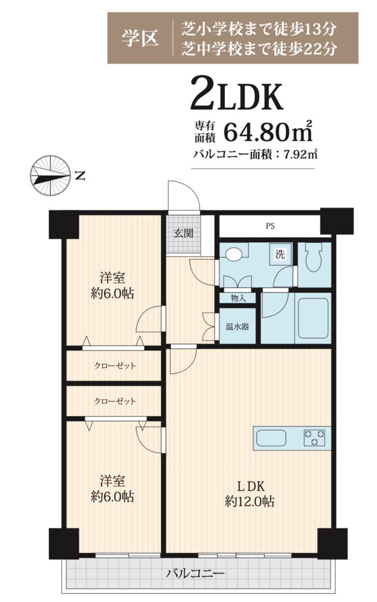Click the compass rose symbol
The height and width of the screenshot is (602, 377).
tap(50, 175)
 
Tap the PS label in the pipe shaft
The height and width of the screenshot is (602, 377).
tap(270, 226)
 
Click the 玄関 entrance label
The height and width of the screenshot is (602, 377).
tap(183, 233)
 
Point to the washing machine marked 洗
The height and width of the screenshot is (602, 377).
tap(280, 254)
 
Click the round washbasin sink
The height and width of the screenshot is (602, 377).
tap(232, 254)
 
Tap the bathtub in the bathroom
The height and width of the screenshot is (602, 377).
tap(313, 318)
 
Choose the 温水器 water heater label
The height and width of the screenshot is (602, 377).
tap(237, 326)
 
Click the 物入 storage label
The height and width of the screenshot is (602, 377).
tap(238, 297)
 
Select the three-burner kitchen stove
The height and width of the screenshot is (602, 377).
tap(314, 437)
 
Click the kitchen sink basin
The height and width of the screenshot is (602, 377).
tap(271, 438)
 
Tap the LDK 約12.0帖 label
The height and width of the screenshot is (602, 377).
tap(249, 494)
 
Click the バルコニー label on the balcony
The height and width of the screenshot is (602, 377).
tap(195, 574)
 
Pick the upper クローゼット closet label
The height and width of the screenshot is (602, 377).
tap(115, 366)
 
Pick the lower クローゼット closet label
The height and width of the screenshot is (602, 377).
tap(115, 401)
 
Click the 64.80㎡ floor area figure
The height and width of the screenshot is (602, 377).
tap(268, 132)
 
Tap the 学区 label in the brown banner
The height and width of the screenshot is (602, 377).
tap(140, 38)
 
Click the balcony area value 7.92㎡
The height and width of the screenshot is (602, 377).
tap(300, 155)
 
